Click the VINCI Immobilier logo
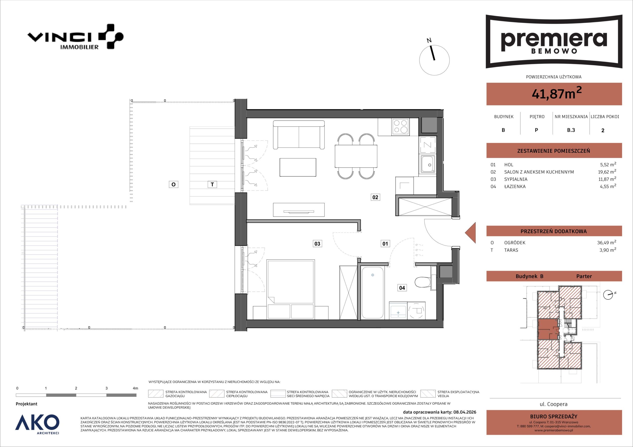coord(75,37)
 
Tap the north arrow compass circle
coord(434,60)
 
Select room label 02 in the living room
coord(375,197)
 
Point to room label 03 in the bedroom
coord(317,244)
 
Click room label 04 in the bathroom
coord(402,288)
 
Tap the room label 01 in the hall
coord(385,244)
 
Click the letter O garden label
coord(173,184)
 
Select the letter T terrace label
coord(212,184)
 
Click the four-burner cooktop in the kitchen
coord(401,127)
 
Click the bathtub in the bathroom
coord(372,293)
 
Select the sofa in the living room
coord(299,135)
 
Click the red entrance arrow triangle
coord(470,233)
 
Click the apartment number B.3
coord(571,130)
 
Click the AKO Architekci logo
coord(37,424)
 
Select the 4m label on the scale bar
coord(135,388)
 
